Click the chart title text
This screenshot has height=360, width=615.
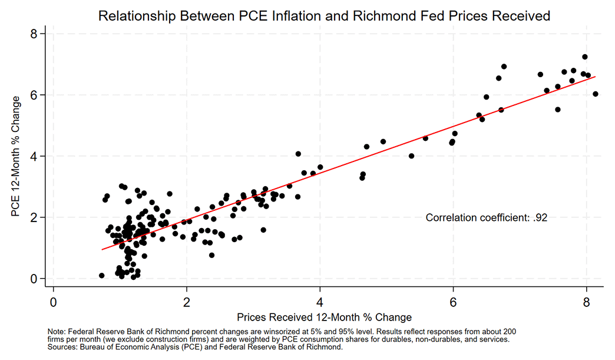click(324, 16)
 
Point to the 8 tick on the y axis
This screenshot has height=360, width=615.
click(34, 34)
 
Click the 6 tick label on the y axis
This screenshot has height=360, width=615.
click(34, 95)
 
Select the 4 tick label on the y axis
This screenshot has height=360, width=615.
click(34, 156)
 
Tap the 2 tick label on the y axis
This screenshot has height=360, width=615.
click(34, 217)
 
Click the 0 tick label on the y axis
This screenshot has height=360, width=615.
click(34, 278)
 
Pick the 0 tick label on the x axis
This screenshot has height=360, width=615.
click(54, 301)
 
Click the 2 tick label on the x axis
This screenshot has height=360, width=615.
click(187, 301)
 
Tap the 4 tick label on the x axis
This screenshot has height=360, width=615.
click(320, 301)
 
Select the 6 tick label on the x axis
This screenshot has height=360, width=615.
click(453, 301)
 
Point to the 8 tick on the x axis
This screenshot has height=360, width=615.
click(586, 301)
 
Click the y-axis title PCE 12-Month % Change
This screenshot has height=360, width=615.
click(18, 156)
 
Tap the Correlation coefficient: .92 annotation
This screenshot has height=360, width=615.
click(487, 218)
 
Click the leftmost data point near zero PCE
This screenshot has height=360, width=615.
click(101, 275)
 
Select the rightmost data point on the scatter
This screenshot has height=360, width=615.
click(596, 94)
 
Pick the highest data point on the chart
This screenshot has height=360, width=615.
click(585, 57)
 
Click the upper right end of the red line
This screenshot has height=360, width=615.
click(596, 77)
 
